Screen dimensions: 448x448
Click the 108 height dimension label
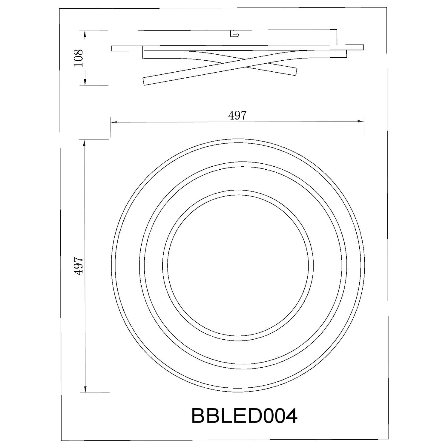pyautogui.click(x=79, y=58)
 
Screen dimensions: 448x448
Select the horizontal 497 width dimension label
pyautogui.click(x=237, y=116)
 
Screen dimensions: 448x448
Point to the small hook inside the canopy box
pyautogui.click(x=235, y=34)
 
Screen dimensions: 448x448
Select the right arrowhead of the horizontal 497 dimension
pyautogui.click(x=361, y=121)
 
